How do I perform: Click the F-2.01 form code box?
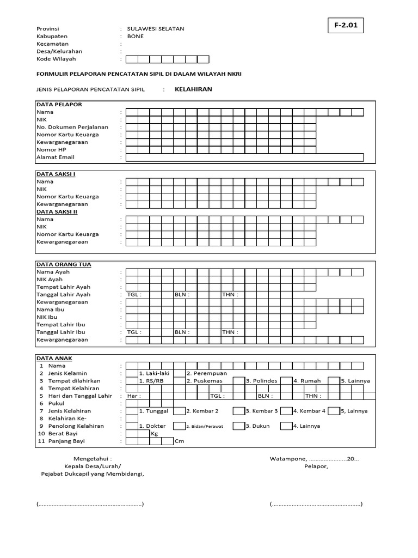pos(346,25)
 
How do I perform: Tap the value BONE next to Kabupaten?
pos(136,36)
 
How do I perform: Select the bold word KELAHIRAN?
pos(193,89)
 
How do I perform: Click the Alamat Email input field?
pos(244,157)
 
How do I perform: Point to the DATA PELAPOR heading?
pos(59,104)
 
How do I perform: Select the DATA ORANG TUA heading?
pos(64,264)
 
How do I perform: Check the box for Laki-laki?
pos(132,373)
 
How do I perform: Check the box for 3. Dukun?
pos(238,426)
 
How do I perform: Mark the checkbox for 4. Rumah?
pos(286,381)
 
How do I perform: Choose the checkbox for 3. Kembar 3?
pos(238,411)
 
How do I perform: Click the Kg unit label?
pos(155,434)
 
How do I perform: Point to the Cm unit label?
pos(179,441)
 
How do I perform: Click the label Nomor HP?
pos(51,149)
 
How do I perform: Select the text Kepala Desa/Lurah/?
pos(93,466)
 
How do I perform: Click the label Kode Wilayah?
pos(56,59)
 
